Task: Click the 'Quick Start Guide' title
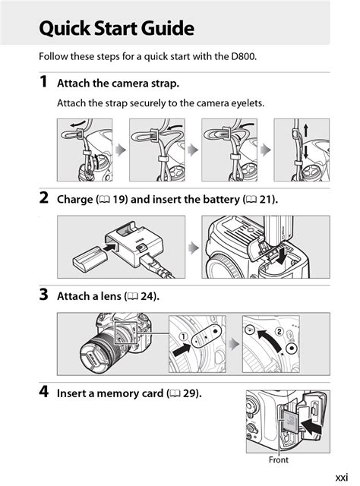(116, 29)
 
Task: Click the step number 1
(44, 82)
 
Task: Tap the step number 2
(44, 199)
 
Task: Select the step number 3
(44, 295)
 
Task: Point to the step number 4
(44, 393)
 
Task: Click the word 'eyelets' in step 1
(246, 103)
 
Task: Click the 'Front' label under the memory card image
(279, 459)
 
